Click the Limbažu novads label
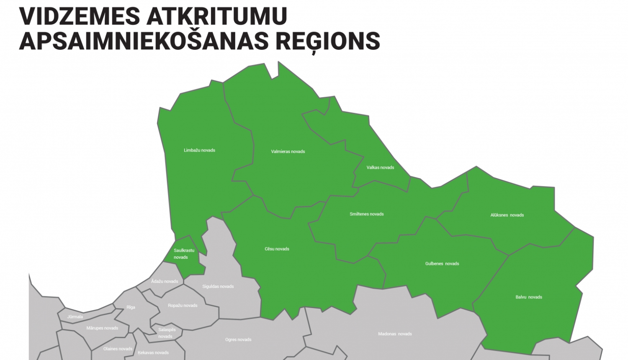click(199, 150)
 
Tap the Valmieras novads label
click(288, 152)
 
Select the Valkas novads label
click(380, 167)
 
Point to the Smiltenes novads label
click(367, 214)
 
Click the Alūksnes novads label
click(507, 215)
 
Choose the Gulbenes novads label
click(442, 264)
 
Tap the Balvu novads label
click(529, 297)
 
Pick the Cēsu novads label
click(277, 249)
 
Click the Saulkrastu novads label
click(184, 254)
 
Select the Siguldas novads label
click(218, 287)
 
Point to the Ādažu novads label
click(165, 281)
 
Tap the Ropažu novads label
click(183, 306)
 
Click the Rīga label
click(131, 307)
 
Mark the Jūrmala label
click(75, 317)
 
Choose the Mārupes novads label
click(102, 328)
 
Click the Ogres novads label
click(238, 339)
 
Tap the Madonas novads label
click(395, 334)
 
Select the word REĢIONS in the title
click(327, 41)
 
